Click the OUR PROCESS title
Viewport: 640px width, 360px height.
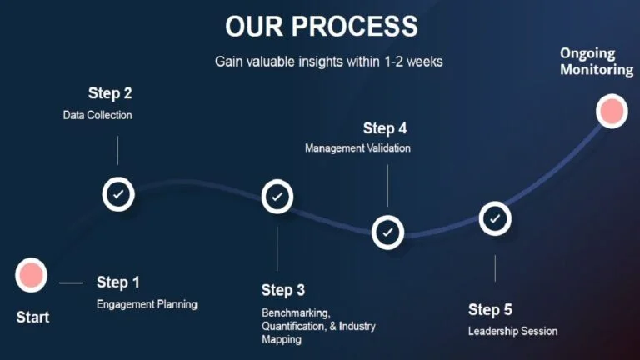tap(321, 27)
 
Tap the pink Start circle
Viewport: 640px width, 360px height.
tap(31, 275)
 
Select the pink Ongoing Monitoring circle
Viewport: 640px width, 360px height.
tap(612, 111)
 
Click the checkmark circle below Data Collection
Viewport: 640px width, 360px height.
tap(118, 194)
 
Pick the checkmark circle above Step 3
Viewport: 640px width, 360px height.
tap(277, 197)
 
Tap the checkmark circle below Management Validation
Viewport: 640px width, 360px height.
tap(387, 232)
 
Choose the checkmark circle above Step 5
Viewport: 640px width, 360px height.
tap(495, 219)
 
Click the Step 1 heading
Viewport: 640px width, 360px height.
tap(118, 282)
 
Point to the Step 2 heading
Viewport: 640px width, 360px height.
tap(110, 93)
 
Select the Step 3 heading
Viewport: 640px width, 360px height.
tap(282, 290)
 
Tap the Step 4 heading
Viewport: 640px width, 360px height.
tap(385, 128)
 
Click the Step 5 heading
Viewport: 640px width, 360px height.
tap(490, 310)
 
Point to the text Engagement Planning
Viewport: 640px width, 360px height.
tap(147, 304)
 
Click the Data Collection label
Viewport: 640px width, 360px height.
tap(97, 115)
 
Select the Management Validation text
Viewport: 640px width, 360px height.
tap(358, 147)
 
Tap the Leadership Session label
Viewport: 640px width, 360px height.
tap(513, 331)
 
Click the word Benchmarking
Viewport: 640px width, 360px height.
tap(296, 313)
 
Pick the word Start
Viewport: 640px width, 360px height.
tap(32, 317)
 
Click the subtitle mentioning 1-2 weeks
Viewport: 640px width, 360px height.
tap(329, 62)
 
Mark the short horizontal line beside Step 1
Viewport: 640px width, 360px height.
tap(72, 282)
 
